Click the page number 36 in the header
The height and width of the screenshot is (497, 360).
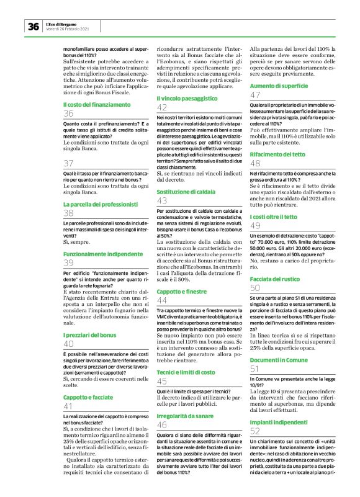(33, 26)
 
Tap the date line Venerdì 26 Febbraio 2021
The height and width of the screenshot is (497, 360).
(68, 29)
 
